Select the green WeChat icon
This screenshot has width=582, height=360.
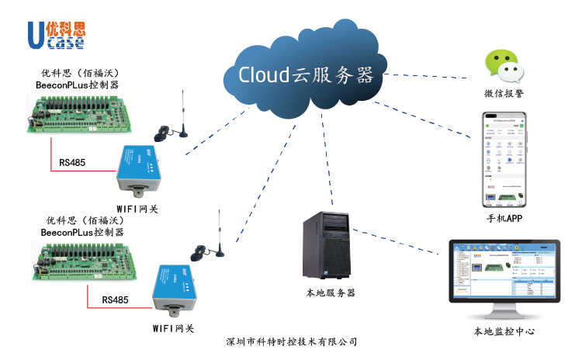tap(503, 67)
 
